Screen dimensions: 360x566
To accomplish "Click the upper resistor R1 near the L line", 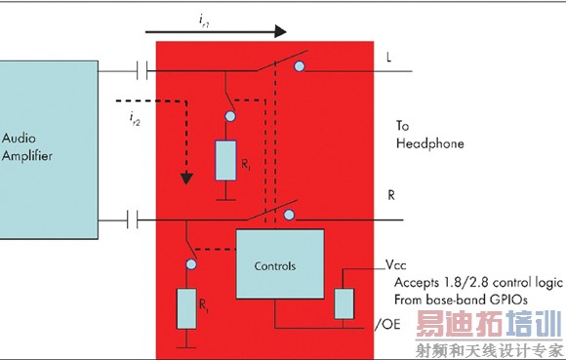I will click(226, 160).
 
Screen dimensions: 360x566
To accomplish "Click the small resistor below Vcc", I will click(344, 303).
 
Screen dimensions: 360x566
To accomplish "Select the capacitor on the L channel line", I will click(143, 71).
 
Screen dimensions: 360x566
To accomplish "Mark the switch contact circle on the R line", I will click(290, 214).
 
